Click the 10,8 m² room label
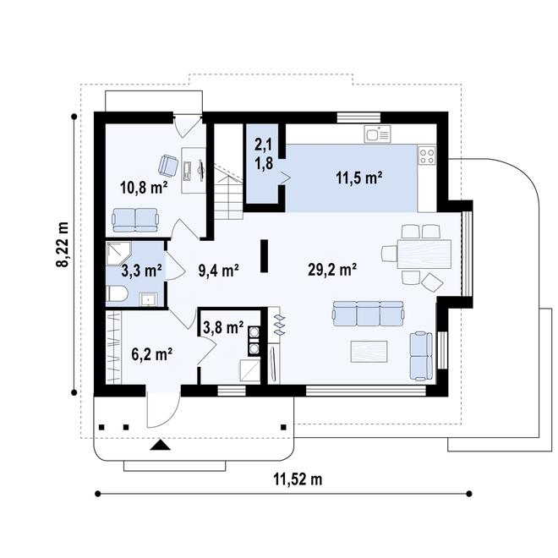click(144, 187)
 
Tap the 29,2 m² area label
click(332, 270)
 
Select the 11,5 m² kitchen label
click(359, 178)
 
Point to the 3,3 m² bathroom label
click(142, 271)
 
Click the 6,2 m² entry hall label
click(152, 354)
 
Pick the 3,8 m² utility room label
click(223, 327)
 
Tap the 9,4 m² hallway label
click(218, 271)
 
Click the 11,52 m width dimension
click(298, 479)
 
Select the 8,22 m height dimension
click(63, 244)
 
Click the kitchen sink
click(377, 134)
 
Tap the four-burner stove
click(427, 156)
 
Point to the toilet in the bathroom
click(117, 294)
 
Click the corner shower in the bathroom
click(118, 254)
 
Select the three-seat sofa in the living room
click(369, 314)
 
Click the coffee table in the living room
click(369, 352)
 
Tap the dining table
click(424, 254)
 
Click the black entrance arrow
click(161, 445)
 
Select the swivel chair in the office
click(167, 166)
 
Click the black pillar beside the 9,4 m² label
click(264, 256)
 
